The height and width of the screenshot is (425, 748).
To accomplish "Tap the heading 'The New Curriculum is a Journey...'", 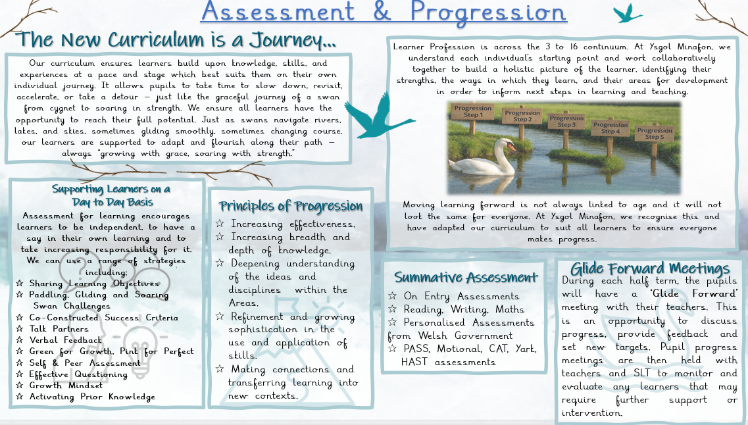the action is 176,39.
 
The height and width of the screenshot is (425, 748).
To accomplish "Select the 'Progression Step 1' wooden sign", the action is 472,112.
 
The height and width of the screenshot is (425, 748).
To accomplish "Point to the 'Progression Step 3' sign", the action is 566,121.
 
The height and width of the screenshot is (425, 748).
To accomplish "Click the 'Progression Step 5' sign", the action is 655,134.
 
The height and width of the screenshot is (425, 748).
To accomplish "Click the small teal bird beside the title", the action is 627,13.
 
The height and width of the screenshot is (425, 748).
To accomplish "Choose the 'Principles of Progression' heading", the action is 291,206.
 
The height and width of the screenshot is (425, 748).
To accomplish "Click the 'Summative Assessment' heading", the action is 466,277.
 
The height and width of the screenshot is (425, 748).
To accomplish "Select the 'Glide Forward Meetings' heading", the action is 650,268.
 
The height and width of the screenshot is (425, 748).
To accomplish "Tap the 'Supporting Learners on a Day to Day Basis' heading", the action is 112,195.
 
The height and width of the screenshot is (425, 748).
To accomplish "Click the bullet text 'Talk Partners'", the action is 59,329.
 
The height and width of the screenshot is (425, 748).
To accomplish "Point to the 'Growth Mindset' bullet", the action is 66,386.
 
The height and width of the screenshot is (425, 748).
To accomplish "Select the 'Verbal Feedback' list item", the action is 65,340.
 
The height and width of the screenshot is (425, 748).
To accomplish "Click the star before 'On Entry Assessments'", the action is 392,296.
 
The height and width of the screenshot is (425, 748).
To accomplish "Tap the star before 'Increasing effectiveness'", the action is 220,224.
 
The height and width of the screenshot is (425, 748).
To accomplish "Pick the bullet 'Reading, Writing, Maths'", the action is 464,310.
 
